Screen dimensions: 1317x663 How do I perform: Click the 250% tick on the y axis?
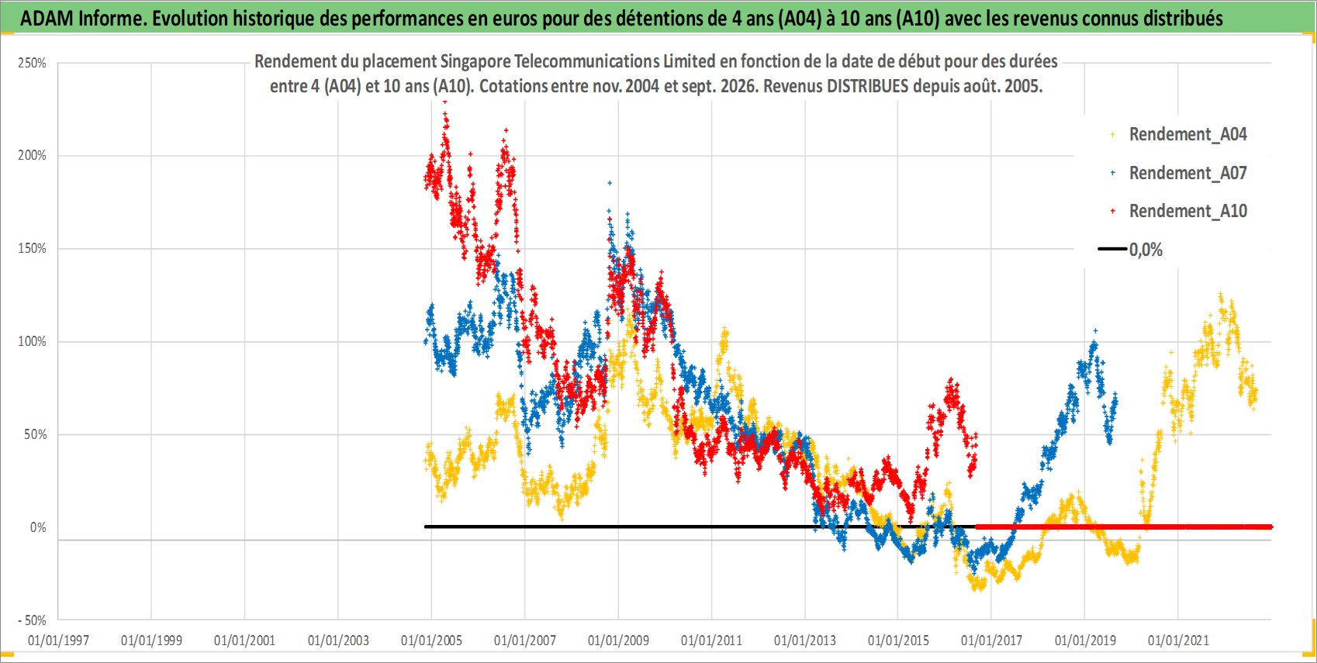(33, 63)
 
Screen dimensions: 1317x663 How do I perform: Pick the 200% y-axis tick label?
(33, 156)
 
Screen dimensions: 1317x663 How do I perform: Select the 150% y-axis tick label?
(33, 249)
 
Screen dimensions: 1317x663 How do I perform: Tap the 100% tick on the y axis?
(33, 341)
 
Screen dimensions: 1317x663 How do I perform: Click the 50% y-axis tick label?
(35, 434)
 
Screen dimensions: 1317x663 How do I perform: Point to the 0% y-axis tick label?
(38, 527)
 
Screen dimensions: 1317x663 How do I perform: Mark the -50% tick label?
(32, 620)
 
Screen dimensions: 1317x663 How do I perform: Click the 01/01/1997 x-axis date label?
(58, 640)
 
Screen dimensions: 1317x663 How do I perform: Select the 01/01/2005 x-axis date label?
(431, 640)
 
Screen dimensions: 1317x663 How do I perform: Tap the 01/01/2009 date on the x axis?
(618, 640)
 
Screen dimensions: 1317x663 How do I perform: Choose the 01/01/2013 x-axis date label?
(805, 640)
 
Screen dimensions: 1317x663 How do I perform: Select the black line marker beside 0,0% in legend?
(1112, 249)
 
